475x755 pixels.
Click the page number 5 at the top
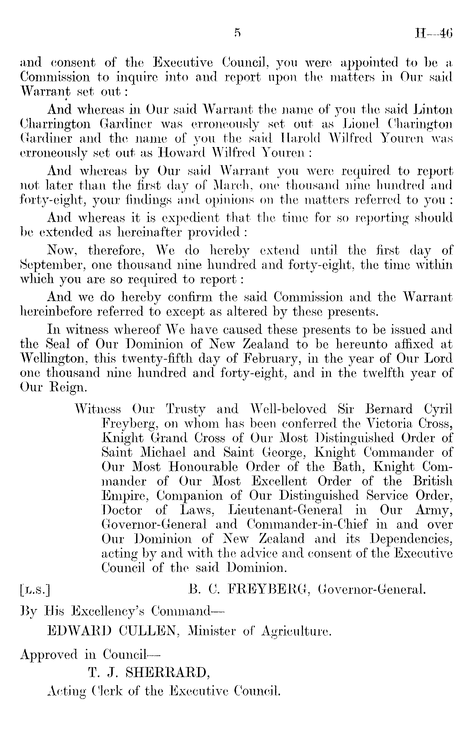tap(237, 33)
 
